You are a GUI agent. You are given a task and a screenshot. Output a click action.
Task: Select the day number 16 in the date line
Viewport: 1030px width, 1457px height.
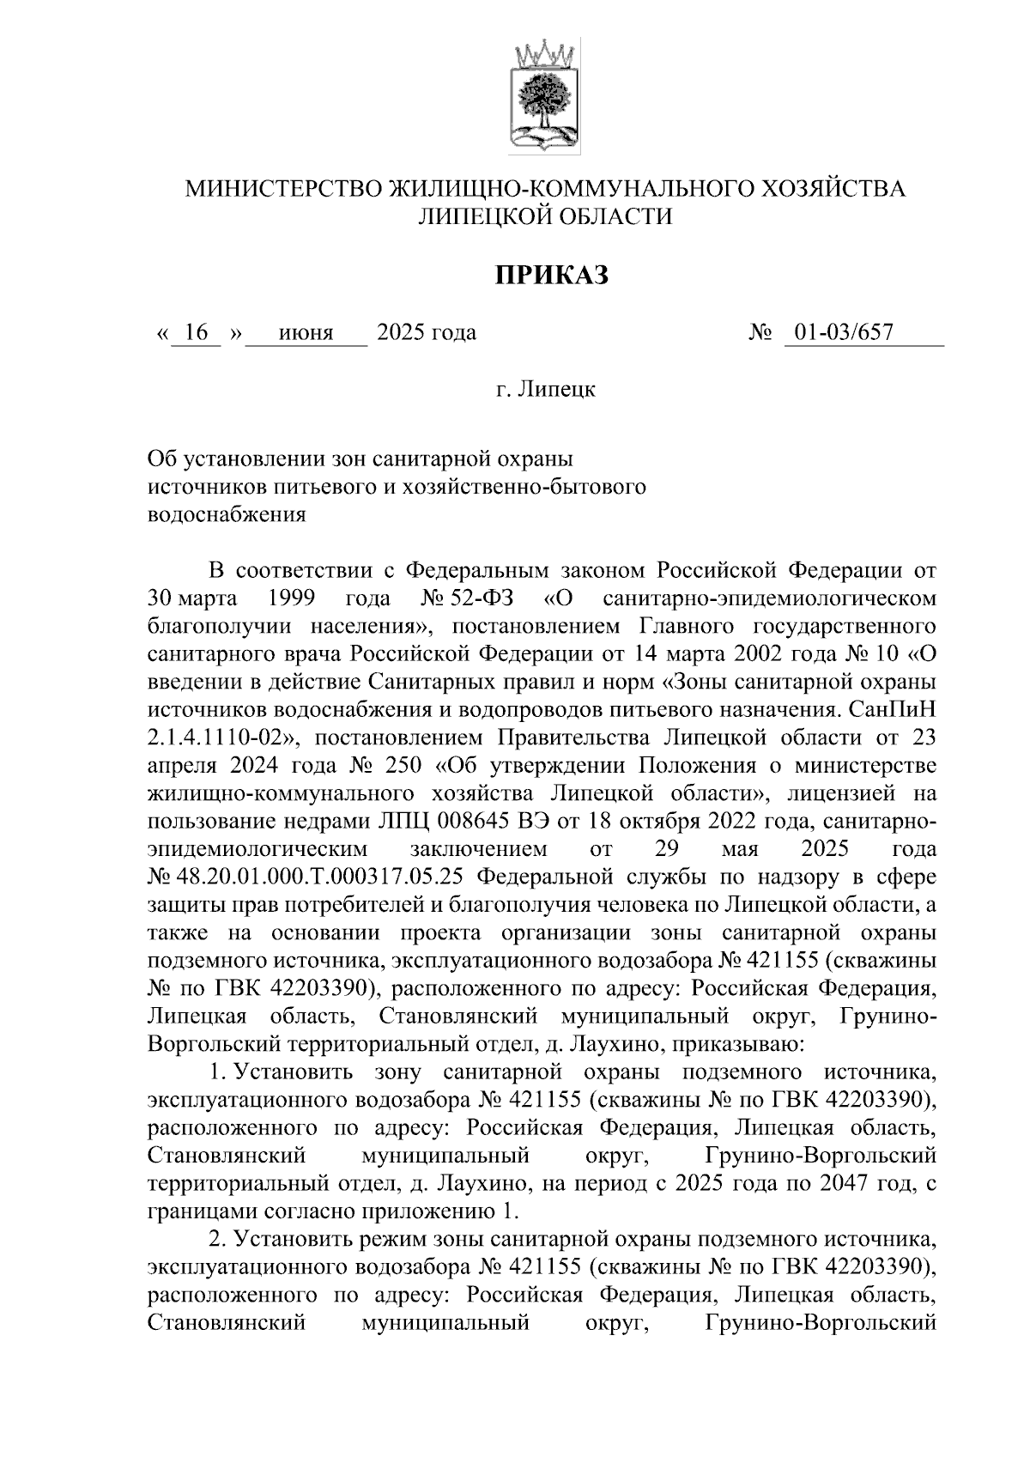[x=197, y=332]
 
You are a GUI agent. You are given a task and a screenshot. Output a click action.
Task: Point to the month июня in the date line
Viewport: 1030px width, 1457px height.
[x=306, y=332]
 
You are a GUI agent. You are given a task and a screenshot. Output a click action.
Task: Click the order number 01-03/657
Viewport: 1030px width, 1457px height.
[x=843, y=332]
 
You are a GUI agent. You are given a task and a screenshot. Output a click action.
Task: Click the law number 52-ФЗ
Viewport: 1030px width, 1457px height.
[x=478, y=598]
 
